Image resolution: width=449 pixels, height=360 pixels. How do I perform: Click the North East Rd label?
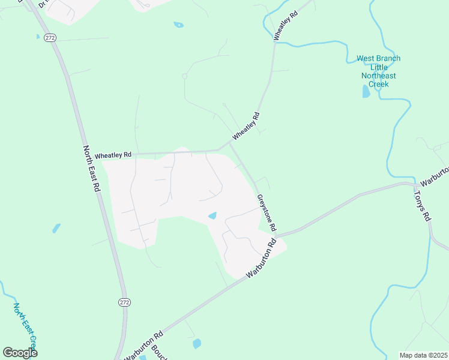91,169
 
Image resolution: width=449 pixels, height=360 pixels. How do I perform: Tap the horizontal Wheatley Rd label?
113,155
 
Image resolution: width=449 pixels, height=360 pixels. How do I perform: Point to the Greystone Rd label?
266,213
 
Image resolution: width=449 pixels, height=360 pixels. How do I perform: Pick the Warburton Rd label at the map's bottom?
143,346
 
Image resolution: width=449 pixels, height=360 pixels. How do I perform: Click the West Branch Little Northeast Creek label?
378,71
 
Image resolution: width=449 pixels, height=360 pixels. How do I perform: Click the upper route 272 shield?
49,37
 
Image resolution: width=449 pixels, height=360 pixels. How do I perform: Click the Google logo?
20,353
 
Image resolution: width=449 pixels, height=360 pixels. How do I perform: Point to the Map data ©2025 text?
424,355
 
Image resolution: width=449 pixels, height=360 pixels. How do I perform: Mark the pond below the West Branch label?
366,91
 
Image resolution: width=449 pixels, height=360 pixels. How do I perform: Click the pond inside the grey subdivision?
212,216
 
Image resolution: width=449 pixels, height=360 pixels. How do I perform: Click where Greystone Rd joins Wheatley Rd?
230,144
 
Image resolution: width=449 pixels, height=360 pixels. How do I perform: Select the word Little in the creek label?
378,67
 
